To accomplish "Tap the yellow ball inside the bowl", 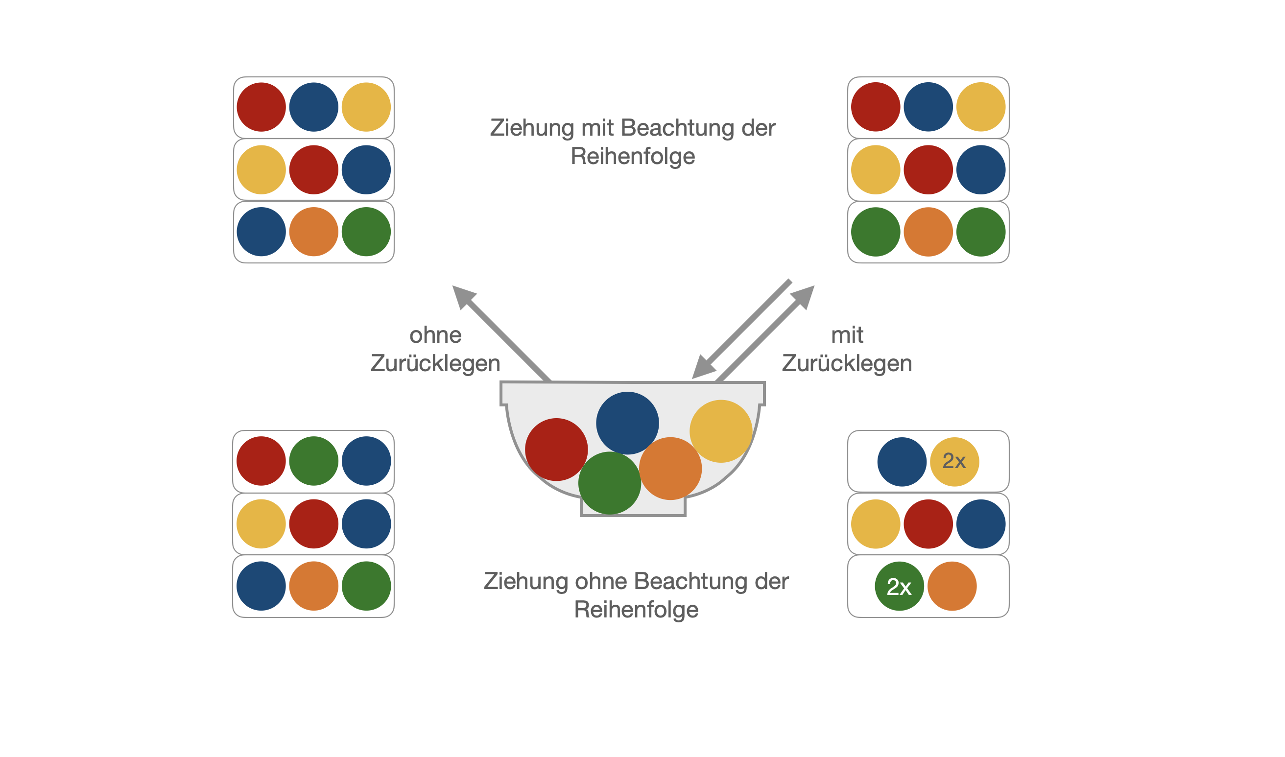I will point(720,430).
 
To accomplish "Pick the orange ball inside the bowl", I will point(670,468).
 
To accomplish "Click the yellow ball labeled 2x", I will point(954,462).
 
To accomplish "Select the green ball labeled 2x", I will point(899,586).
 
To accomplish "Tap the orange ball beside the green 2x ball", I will point(952,586).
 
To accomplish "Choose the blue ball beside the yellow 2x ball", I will point(902,462).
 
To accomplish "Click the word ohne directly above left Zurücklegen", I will point(435,335).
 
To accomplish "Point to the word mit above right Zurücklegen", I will point(847,335).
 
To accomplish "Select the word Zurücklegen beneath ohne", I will point(435,363).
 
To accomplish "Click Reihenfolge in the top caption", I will point(633,156).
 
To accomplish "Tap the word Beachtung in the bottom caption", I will point(687,581).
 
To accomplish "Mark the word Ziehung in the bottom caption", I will point(525,581).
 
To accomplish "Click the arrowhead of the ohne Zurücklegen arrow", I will point(462,296).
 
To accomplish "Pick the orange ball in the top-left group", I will point(313,232).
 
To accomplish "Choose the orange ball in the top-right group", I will point(928,232).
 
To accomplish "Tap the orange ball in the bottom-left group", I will point(313,586).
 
